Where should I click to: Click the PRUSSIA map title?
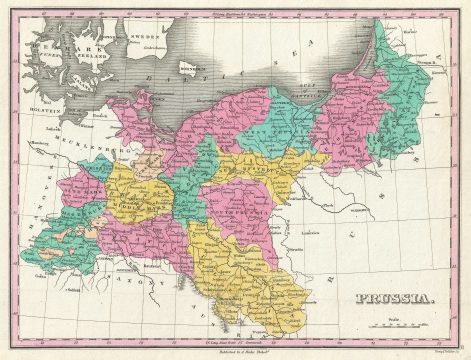click(x=392, y=298)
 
